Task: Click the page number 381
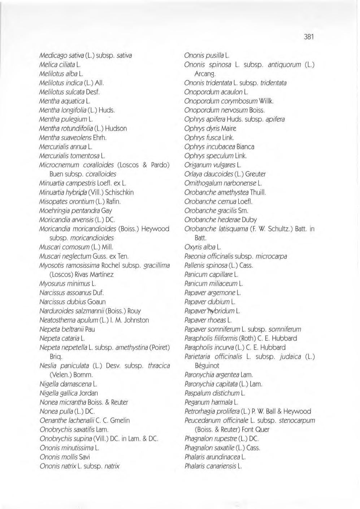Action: (x=309, y=36)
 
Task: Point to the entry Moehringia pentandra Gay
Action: (x=75, y=210)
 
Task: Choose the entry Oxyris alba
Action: (x=203, y=247)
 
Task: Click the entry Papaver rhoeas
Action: (x=208, y=320)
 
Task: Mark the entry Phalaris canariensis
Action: (x=213, y=466)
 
